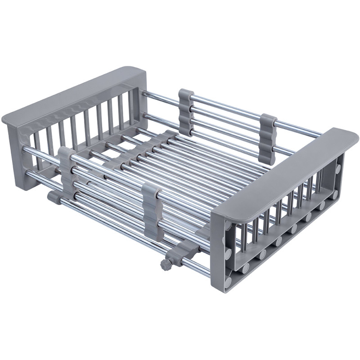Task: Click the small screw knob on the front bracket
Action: point(165,265)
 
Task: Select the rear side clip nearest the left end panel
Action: point(186,112)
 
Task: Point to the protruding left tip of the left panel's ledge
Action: point(5,121)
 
